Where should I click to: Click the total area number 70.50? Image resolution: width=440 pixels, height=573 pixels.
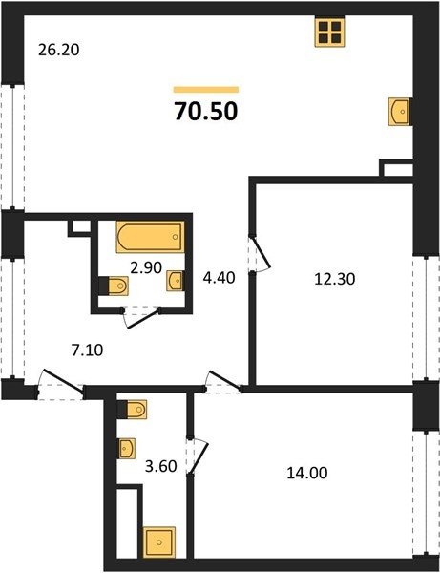pos(206,111)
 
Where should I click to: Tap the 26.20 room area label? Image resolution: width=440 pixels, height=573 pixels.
pos(59,50)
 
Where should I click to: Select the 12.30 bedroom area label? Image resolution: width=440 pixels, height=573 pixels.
pos(335,279)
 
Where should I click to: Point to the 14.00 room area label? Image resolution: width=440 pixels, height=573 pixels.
pos(307,474)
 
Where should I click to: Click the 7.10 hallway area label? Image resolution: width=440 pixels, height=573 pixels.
pos(87,350)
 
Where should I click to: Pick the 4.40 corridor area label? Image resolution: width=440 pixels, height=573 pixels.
pos(220,278)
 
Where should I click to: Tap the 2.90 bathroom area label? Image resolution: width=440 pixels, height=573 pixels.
pos(146,267)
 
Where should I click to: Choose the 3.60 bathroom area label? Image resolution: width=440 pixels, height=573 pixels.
pos(161,466)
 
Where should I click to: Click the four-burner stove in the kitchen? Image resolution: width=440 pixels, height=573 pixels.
pos(329,32)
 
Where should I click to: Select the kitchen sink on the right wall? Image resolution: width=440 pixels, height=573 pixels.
pos(399,112)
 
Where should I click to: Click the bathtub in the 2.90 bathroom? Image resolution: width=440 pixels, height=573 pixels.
pos(151,237)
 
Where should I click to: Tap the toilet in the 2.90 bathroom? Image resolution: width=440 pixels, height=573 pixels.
pos(114,285)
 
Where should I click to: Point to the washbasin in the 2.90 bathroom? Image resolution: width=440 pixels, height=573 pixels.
pos(175,281)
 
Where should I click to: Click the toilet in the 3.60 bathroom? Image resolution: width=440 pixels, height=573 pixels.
pos(132,410)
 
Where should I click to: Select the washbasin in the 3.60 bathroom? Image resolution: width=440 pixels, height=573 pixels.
pos(127,448)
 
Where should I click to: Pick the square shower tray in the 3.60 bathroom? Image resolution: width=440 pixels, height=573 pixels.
pos(158,542)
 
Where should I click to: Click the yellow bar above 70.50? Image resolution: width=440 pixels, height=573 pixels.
pos(206,90)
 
